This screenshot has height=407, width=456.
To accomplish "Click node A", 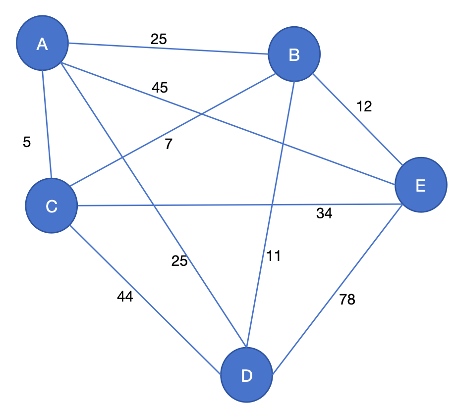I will pos(42,44).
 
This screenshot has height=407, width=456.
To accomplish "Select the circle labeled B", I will pos(294,55).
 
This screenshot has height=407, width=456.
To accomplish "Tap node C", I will pos(52,206).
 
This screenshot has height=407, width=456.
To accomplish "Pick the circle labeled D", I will pos(246,376).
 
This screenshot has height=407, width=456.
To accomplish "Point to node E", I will pos(421,185).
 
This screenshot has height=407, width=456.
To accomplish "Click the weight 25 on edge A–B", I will pos(159,39).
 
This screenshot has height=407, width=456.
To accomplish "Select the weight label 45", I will pos(160,88).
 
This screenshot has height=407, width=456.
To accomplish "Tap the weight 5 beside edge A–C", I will pos(27,143).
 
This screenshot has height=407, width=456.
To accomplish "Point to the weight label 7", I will pos(169,145).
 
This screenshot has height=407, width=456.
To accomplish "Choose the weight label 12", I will pos(364,106).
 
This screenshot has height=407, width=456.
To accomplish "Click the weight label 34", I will pos(324,214).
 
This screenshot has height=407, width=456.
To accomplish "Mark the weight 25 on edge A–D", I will pos(179,261).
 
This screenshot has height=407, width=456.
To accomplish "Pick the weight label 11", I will pos(274,256).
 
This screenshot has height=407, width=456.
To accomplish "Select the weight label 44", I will pos(125,297).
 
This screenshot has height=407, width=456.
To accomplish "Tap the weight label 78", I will pos(347,300).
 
